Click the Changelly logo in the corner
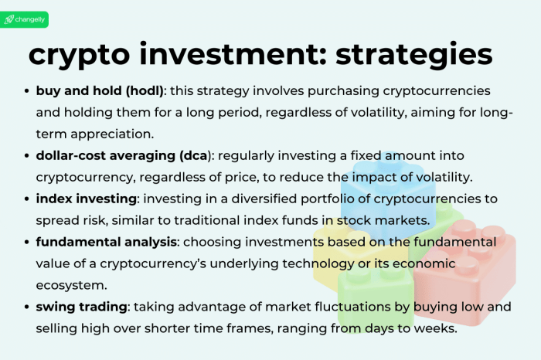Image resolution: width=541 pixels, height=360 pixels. [x=25, y=19]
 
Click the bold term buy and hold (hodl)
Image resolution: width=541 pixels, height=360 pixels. [x=98, y=90]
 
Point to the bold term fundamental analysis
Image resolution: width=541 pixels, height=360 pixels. [x=106, y=242]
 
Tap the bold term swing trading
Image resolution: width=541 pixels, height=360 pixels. [x=81, y=307]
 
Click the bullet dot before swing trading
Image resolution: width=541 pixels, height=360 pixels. [x=28, y=307]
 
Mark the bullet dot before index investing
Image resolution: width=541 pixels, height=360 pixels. [x=28, y=199]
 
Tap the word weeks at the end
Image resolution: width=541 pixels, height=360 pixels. [x=437, y=328]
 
